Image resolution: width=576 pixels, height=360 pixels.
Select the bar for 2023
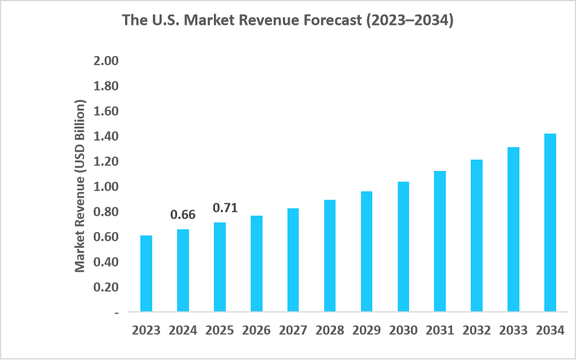click(146, 273)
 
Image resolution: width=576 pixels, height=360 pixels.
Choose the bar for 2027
click(293, 260)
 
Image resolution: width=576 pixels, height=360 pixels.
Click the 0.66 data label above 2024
click(183, 215)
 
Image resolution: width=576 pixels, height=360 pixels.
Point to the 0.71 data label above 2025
click(225, 208)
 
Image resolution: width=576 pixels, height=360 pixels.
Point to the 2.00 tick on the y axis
click(105, 61)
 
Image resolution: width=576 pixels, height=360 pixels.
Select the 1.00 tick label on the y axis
click(105, 187)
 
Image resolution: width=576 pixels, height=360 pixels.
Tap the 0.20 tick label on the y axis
click(105, 287)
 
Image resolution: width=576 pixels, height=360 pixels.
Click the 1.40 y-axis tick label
click(105, 136)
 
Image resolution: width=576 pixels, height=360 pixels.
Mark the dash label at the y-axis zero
click(117, 312)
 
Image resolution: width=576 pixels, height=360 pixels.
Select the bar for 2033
click(513, 229)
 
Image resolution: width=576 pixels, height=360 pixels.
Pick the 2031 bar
click(440, 241)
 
